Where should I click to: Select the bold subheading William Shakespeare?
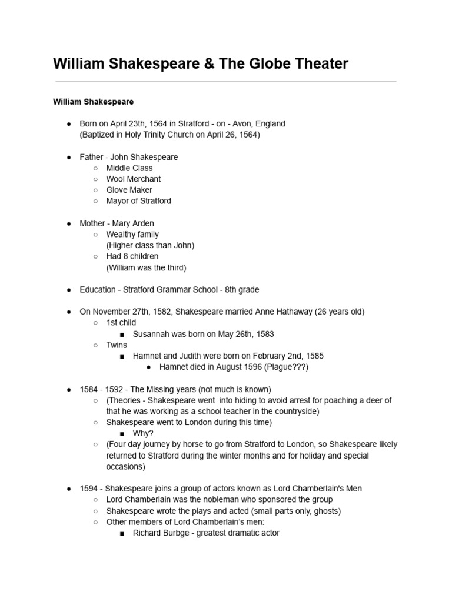93,102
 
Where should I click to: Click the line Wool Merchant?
133,179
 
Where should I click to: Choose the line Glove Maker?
129,190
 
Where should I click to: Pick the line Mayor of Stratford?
138,200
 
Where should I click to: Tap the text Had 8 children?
132,256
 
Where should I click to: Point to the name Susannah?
151,334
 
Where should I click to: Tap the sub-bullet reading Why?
143,433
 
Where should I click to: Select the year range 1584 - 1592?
101,389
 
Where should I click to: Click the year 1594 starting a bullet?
89,489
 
